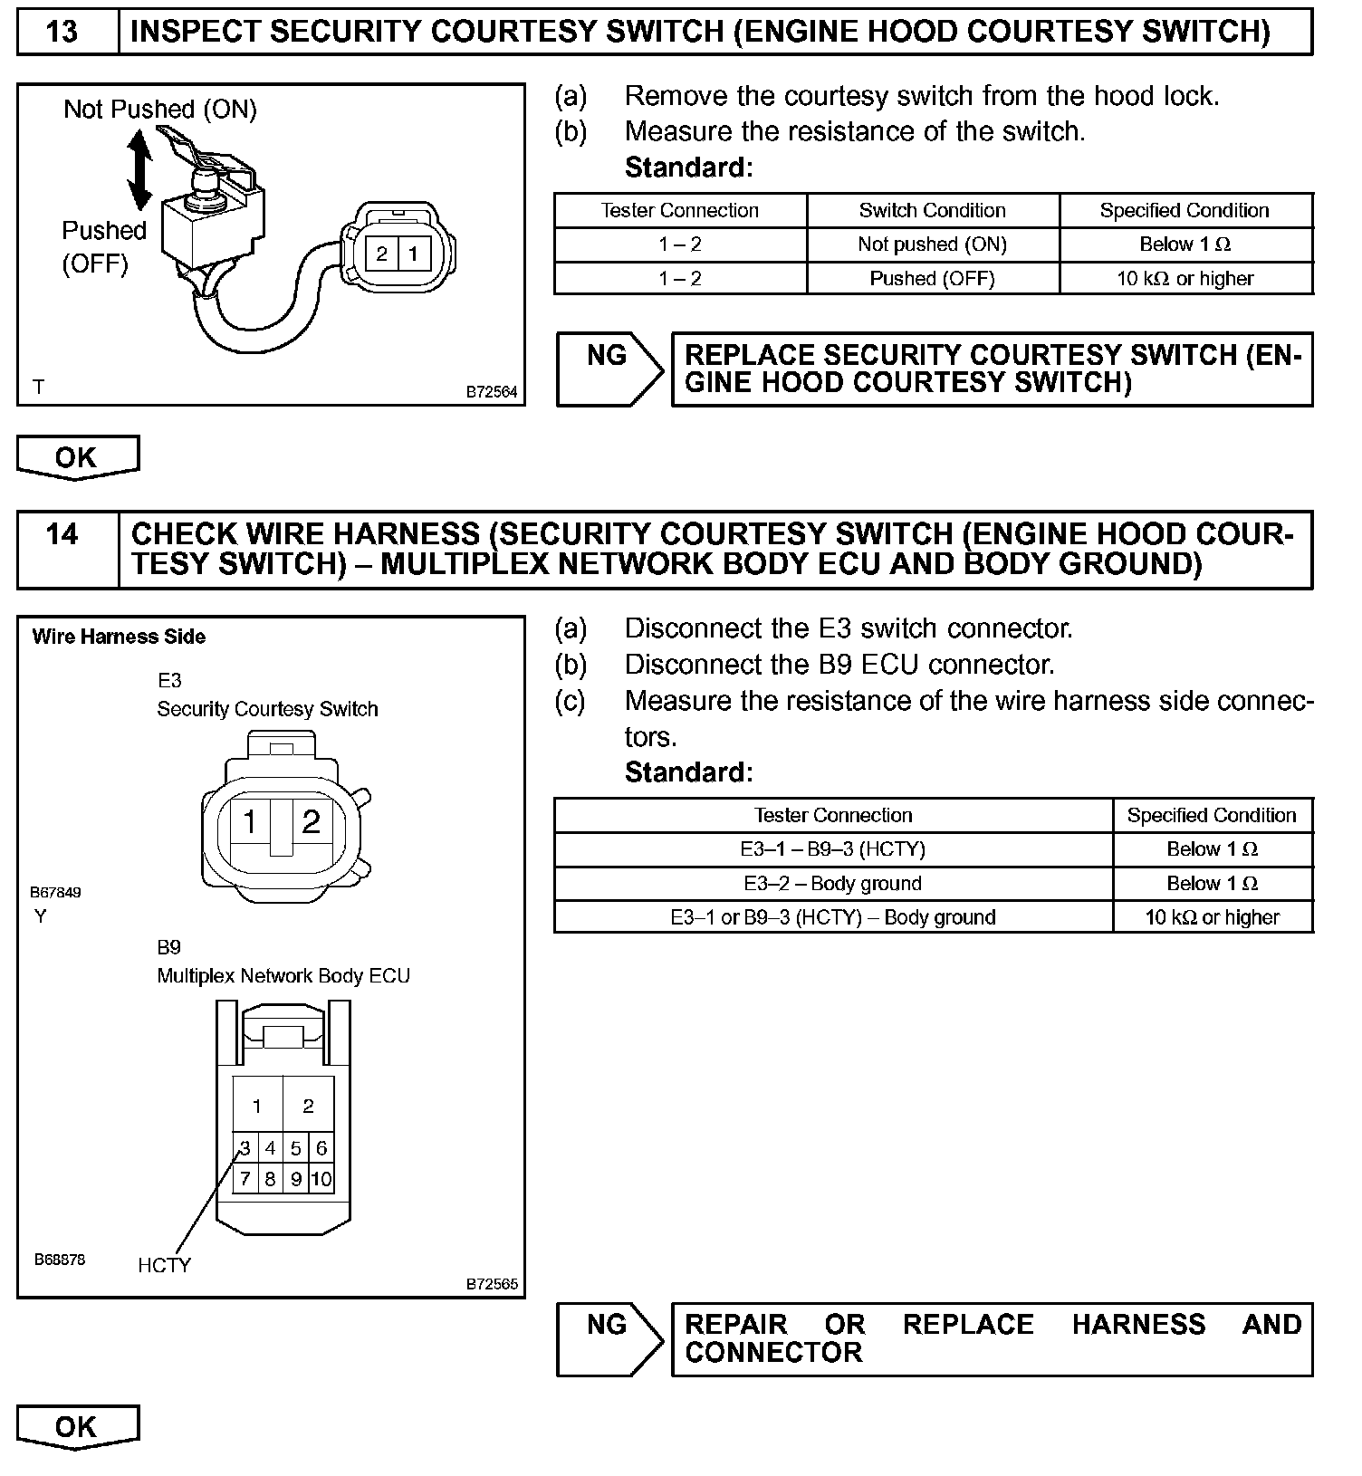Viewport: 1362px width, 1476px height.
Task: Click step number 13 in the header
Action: pyautogui.click(x=62, y=32)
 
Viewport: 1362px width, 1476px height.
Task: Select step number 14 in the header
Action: pyautogui.click(x=62, y=534)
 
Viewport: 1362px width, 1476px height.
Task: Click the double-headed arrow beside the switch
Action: pyautogui.click(x=139, y=170)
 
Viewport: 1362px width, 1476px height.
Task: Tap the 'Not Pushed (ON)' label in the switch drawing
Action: pyautogui.click(x=160, y=110)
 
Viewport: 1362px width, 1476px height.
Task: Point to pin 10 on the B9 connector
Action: pyautogui.click(x=321, y=1179)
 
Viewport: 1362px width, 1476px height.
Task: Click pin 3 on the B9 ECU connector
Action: pyautogui.click(x=245, y=1148)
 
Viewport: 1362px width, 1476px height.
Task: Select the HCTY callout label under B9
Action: pyautogui.click(x=165, y=1265)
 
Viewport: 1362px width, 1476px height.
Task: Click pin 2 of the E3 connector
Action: pyautogui.click(x=312, y=821)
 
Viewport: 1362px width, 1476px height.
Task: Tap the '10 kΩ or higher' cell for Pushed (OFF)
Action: pyautogui.click(x=1185, y=279)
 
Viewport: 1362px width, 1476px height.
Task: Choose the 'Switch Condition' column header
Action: pyautogui.click(x=932, y=210)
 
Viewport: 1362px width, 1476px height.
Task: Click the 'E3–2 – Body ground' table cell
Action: pyautogui.click(x=832, y=884)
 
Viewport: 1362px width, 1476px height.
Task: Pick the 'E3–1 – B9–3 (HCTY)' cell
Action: pyautogui.click(x=832, y=849)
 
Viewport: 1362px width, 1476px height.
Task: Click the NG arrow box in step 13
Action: pyautogui.click(x=609, y=369)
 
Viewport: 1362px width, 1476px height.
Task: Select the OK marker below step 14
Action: pyautogui.click(x=77, y=1427)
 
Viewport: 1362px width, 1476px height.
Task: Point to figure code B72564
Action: pyautogui.click(x=492, y=392)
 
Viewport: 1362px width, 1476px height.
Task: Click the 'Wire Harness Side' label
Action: pyautogui.click(x=119, y=637)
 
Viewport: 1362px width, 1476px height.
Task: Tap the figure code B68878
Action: pyautogui.click(x=60, y=1260)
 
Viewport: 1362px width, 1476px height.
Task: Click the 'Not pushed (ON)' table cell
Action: pyautogui.click(x=932, y=244)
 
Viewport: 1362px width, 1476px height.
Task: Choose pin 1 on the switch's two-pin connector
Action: pyautogui.click(x=413, y=254)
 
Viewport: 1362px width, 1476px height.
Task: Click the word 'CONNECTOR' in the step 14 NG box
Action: pyautogui.click(x=773, y=1353)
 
